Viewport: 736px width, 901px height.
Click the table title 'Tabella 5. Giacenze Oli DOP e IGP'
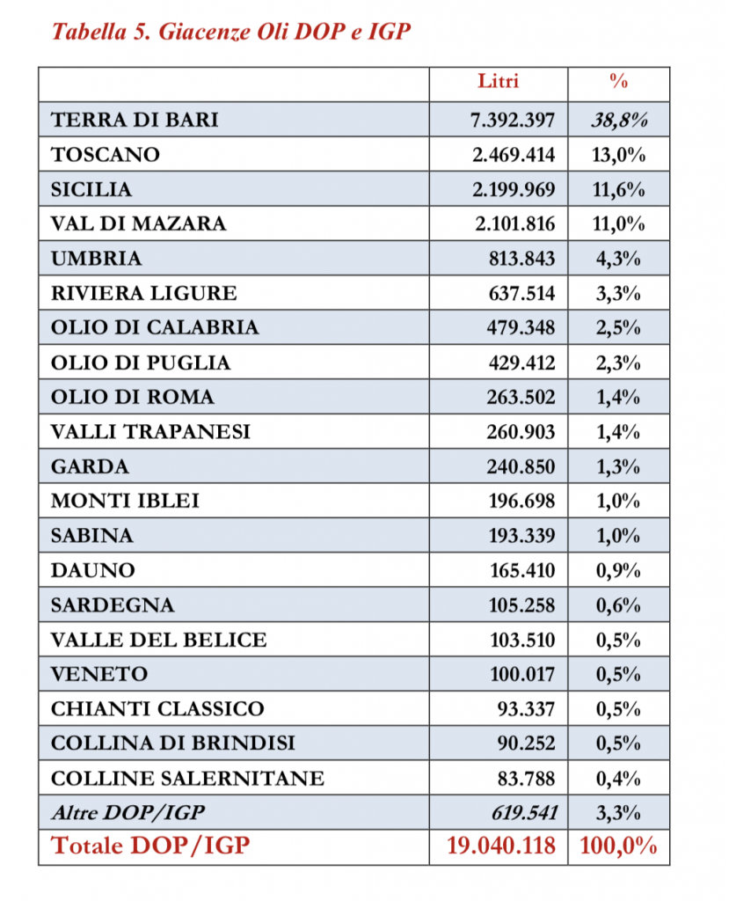[232, 33]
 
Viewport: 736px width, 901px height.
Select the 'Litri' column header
[498, 82]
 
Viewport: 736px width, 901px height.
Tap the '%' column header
[618, 82]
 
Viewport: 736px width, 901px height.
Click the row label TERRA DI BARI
[135, 120]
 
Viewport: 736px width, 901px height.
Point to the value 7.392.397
[514, 120]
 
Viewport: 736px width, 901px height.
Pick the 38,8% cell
[619, 120]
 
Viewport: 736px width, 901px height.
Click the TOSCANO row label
[106, 155]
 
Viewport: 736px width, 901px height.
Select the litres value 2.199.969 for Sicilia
[514, 189]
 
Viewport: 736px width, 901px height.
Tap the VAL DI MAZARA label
[138, 223]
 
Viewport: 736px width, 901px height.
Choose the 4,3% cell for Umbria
[620, 259]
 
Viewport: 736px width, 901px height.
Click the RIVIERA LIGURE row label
[143, 293]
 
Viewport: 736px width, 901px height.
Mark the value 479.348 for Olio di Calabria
[521, 327]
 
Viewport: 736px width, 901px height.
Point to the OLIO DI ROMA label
[132, 397]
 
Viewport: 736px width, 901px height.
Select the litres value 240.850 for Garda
[521, 466]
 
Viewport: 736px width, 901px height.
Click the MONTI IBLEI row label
[125, 501]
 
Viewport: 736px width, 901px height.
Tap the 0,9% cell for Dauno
[618, 570]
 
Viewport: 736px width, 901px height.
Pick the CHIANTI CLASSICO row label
[157, 708]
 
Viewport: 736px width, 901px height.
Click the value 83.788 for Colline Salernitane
[526, 778]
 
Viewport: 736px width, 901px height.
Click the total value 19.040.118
[501, 846]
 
